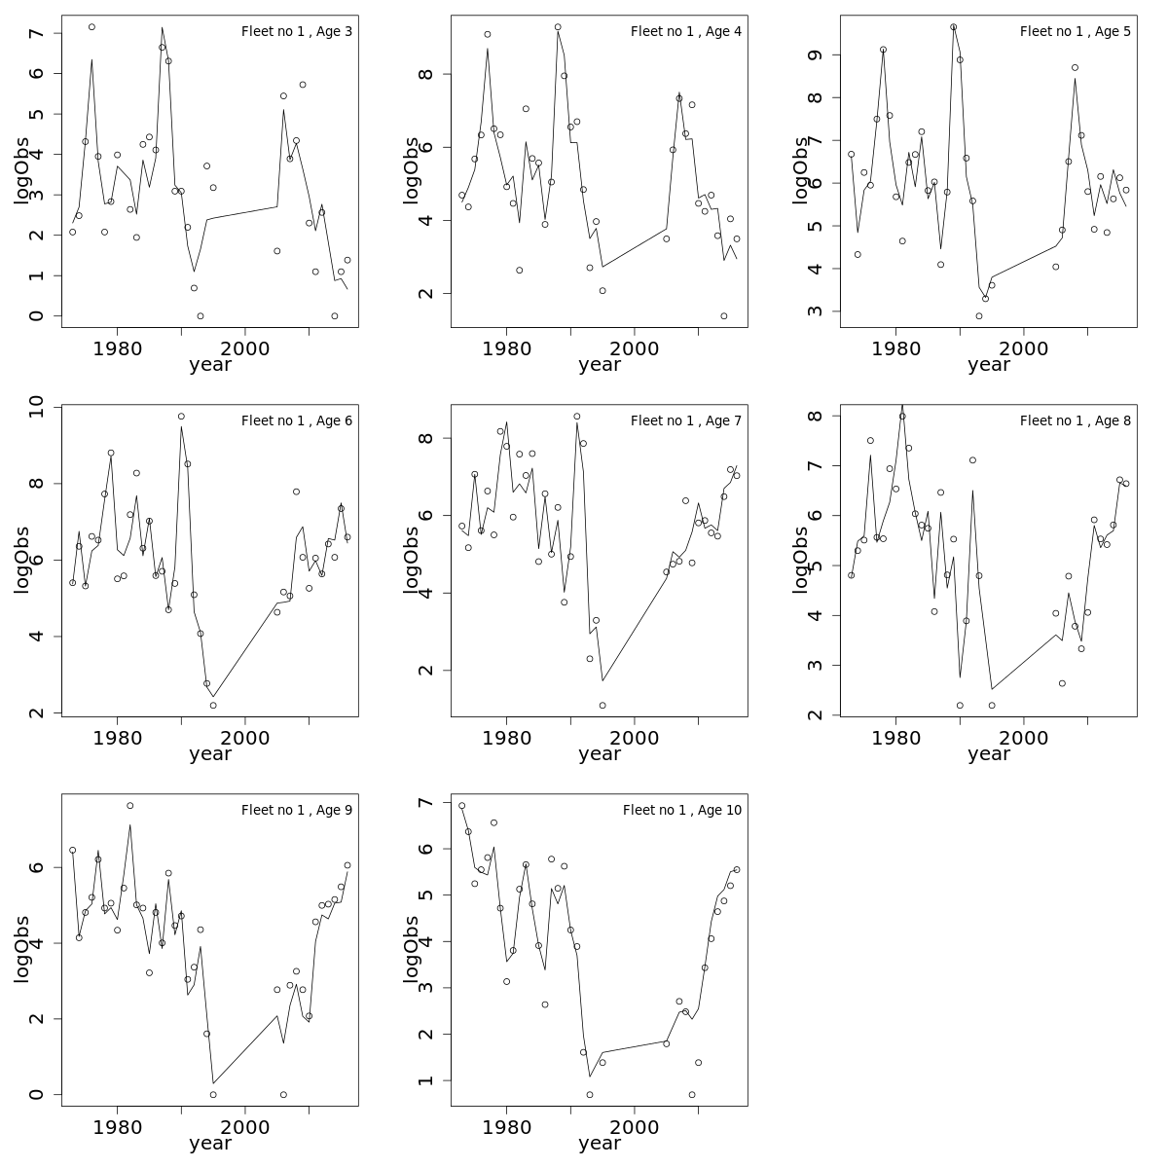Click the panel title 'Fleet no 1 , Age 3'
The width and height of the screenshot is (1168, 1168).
(x=297, y=32)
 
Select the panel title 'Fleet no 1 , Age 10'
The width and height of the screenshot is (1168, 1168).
(x=682, y=811)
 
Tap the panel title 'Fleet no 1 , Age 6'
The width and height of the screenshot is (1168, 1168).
(x=297, y=421)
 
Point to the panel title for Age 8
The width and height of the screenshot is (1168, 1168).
(x=1076, y=421)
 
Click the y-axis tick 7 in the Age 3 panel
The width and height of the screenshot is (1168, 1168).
(x=37, y=33)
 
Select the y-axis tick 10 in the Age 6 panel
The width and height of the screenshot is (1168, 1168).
(x=37, y=407)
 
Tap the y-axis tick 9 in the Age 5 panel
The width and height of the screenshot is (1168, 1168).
(x=816, y=55)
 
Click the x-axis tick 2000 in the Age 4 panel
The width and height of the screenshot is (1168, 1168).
(x=635, y=348)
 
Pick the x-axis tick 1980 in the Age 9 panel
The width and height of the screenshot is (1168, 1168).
(x=118, y=1127)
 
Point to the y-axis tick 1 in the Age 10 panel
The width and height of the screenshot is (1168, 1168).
(x=426, y=1080)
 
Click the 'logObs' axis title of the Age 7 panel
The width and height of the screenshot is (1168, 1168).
(x=411, y=560)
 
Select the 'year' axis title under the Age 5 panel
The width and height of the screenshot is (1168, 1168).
(x=989, y=365)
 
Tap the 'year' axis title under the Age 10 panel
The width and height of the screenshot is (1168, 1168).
(x=600, y=1144)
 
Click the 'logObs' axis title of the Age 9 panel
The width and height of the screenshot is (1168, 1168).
(x=21, y=949)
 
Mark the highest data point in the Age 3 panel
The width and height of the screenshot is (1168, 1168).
(x=91, y=27)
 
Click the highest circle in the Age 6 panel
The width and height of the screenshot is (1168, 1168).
(x=181, y=417)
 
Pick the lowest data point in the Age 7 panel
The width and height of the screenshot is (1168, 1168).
(x=602, y=706)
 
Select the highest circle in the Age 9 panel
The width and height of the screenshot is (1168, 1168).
(x=130, y=806)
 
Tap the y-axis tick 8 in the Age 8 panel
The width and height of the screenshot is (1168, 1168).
(x=816, y=416)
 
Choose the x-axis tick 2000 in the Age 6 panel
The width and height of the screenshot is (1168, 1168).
(x=245, y=738)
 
